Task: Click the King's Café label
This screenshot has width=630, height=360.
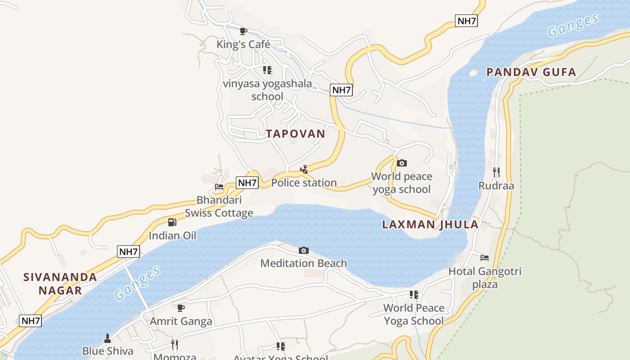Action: [243, 44]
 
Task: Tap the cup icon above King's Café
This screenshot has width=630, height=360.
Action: [243, 31]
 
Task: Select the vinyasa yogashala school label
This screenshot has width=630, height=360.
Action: [267, 90]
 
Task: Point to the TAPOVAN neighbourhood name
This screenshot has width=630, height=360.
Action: [295, 134]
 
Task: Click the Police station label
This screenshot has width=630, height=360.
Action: [304, 183]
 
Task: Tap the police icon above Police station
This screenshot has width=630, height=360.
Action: [304, 169]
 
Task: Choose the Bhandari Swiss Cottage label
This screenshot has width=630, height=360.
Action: [219, 207]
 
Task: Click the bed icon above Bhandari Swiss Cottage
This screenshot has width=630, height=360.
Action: [219, 186]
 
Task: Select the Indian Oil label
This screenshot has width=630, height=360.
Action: [172, 235]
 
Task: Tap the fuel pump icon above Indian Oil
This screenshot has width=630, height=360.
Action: [172, 222]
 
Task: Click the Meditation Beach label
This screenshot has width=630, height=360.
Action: [304, 263]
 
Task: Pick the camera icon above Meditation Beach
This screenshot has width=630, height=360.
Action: [304, 250]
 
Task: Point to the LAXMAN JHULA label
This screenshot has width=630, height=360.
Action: [430, 225]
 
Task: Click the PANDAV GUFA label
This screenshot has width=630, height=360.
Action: [531, 72]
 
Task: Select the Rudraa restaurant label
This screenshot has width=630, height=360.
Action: [496, 185]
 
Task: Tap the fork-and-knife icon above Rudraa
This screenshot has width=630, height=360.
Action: [496, 171]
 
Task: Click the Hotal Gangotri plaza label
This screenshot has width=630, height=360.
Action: [485, 278]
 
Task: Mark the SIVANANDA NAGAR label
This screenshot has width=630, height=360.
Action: [60, 283]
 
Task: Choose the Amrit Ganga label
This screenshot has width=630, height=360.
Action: [181, 321]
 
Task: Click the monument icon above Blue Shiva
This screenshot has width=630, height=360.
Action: [108, 337]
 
